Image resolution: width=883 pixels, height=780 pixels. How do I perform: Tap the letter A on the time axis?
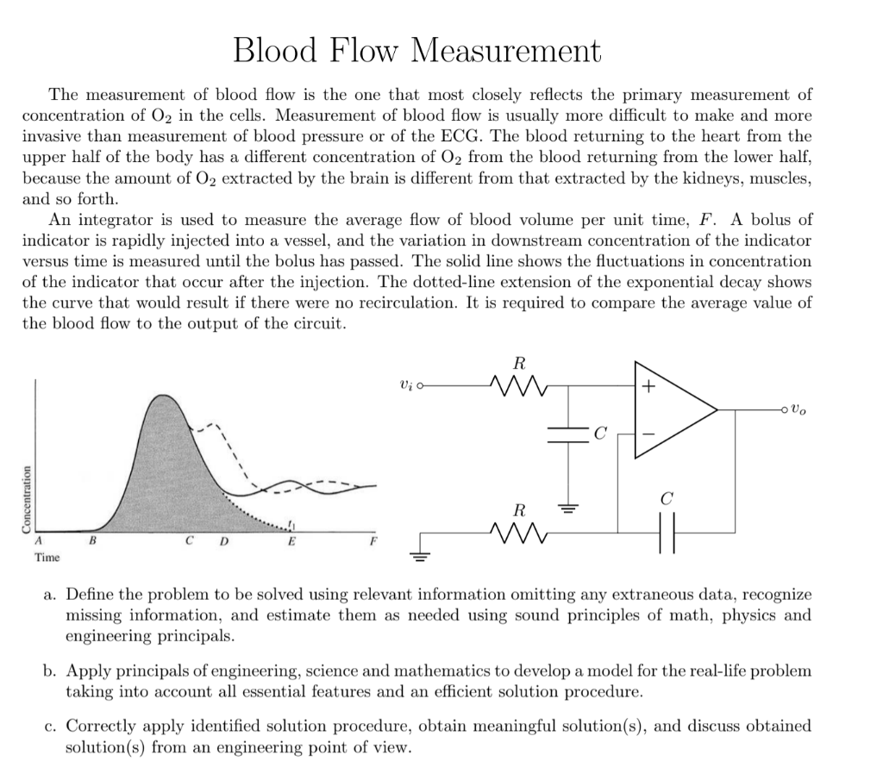click(x=38, y=541)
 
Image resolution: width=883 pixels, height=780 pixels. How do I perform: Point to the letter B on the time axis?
click(x=92, y=541)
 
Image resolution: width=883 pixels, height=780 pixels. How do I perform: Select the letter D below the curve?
click(x=224, y=541)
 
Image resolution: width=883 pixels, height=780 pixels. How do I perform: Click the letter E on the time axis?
click(x=291, y=541)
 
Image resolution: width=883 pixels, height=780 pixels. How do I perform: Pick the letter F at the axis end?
click(x=373, y=541)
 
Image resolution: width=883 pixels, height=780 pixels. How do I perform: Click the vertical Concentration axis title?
click(x=27, y=501)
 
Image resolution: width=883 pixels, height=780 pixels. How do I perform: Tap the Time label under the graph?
click(x=47, y=558)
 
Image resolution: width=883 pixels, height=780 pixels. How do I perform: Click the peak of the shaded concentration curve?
click(x=160, y=396)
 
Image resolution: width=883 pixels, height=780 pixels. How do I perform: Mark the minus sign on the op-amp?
click(x=648, y=430)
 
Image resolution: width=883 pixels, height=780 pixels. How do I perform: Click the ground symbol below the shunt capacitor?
click(x=568, y=508)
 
